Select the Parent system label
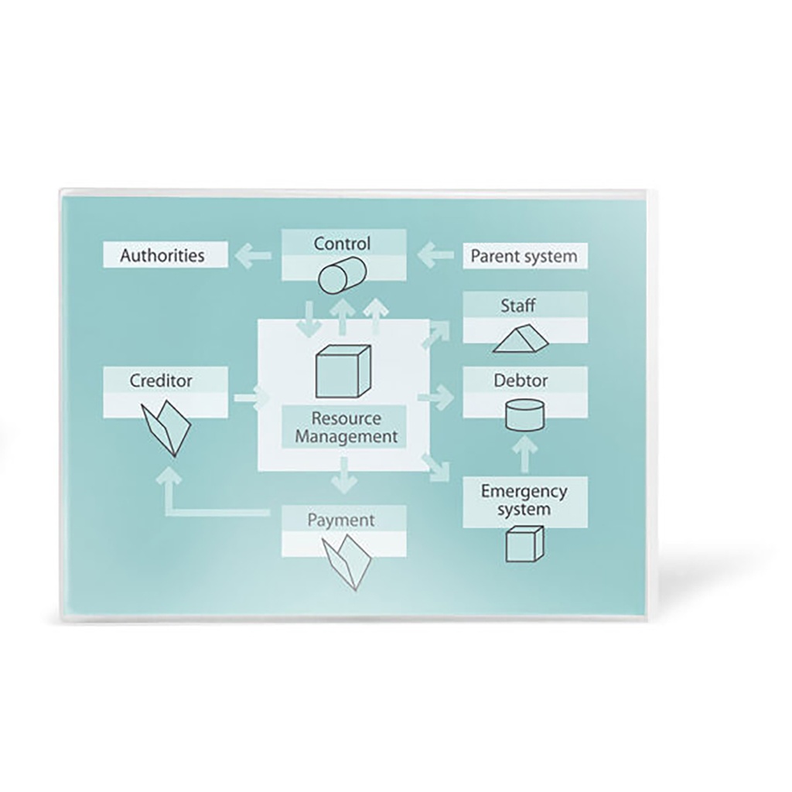click(x=524, y=256)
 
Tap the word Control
click(x=342, y=244)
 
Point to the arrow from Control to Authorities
click(x=253, y=255)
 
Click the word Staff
click(x=517, y=306)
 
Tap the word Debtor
click(x=521, y=381)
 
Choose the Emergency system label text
click(x=524, y=500)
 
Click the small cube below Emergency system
click(x=524, y=542)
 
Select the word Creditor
click(x=161, y=381)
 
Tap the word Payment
click(x=341, y=520)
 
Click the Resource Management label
click(x=346, y=427)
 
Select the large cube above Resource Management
click(x=342, y=370)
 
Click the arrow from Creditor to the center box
click(x=249, y=398)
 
